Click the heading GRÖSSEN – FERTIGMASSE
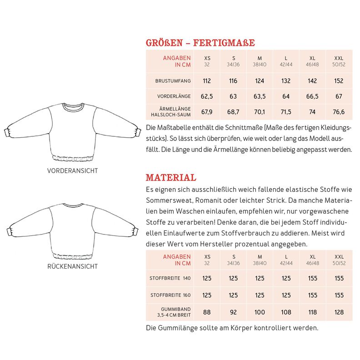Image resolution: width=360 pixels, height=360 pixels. pos(200,43)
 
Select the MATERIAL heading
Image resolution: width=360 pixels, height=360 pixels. pos(171,177)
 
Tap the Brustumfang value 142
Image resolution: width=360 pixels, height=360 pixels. pos(312,81)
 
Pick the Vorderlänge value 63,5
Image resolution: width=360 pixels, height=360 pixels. pos(260,96)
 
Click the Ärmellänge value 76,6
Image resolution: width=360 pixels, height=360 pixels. pos(339,112)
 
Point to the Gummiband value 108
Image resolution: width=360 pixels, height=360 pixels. pos(286,312)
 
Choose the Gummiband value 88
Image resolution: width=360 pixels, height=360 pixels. pos(207,312)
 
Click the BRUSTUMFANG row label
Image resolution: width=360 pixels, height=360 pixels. pos(173,81)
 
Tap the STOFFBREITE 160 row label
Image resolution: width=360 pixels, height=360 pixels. pos(170,295)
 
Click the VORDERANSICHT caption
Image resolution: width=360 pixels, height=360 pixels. pos(72,171)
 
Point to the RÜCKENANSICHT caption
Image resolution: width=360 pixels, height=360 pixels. pos(72,266)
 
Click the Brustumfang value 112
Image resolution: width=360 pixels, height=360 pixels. pos(207,81)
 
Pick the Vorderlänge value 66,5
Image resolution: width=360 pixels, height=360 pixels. pos(312,96)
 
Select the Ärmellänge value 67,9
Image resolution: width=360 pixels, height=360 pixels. pos(207,112)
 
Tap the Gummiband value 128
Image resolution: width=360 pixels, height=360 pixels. pos(339,312)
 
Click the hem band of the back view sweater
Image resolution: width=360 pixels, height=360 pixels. pos(73,253)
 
